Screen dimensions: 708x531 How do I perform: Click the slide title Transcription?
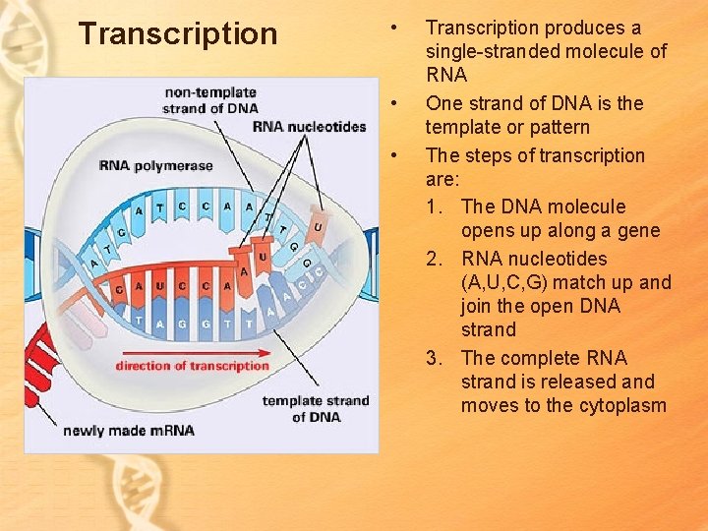coord(178,34)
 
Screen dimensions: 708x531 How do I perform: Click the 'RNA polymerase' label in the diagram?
coord(155,165)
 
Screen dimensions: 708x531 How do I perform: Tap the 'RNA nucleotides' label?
coord(309,127)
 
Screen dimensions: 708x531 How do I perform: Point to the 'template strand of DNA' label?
coord(316,408)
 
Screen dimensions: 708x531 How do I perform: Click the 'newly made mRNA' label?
coord(129,431)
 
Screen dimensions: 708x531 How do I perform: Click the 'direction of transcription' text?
coord(192,366)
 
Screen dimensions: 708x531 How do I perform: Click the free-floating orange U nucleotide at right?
coord(317,226)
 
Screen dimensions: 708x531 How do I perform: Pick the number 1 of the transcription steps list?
coord(438,207)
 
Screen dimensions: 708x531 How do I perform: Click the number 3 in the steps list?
coord(438,359)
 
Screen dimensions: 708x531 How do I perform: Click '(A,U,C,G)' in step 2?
coord(503,283)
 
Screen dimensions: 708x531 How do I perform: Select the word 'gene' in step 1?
coord(638,231)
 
